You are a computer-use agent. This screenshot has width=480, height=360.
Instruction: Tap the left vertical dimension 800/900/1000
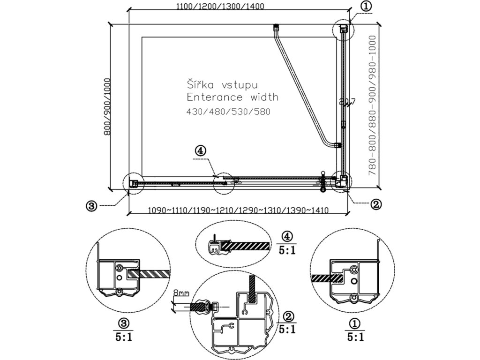tap(107, 107)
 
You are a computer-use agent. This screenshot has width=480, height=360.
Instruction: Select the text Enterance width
tap(232, 97)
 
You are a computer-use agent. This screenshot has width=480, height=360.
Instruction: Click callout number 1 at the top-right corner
tap(367, 6)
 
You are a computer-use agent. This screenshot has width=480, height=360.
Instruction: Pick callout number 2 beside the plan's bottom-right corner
tap(375, 204)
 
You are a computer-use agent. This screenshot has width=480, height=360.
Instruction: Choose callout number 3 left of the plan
tap(92, 205)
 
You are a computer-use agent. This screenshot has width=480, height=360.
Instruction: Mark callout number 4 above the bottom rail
tap(200, 151)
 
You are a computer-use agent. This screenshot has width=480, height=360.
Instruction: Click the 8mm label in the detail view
tap(181, 293)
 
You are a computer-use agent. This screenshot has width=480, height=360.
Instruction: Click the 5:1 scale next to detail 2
tap(287, 328)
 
